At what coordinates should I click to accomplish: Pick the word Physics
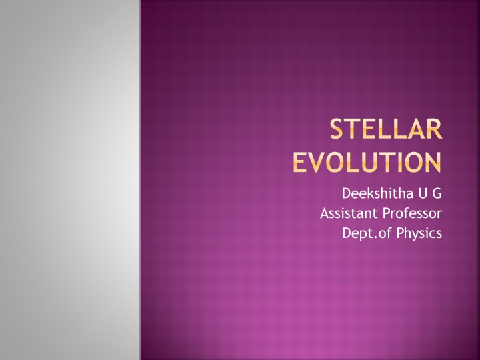click(421, 233)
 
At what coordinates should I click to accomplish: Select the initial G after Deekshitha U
click(437, 195)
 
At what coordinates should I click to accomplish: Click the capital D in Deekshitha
click(346, 195)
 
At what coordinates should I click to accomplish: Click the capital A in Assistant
click(325, 214)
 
